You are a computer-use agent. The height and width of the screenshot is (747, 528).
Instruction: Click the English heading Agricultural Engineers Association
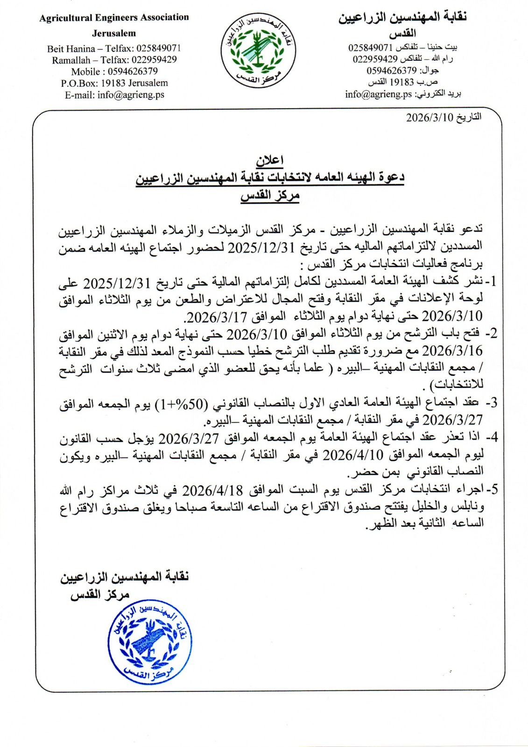click(x=114, y=18)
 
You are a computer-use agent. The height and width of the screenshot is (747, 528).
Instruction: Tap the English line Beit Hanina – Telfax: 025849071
click(x=114, y=48)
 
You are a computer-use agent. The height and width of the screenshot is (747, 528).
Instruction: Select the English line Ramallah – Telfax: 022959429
click(x=114, y=60)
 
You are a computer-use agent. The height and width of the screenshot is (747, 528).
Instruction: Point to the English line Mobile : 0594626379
click(x=114, y=71)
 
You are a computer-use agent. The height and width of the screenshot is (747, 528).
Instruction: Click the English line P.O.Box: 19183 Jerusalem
click(x=114, y=83)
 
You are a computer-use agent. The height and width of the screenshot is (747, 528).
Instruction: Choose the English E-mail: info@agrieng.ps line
click(x=114, y=95)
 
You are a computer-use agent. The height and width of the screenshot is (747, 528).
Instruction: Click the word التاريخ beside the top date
click(x=469, y=117)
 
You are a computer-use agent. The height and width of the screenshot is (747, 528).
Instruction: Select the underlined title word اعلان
click(x=270, y=161)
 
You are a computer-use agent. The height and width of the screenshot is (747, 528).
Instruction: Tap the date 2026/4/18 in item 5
click(x=212, y=490)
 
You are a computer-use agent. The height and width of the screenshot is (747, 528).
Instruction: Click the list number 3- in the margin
click(x=491, y=403)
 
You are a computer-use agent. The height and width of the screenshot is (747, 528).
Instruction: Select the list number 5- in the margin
click(x=492, y=489)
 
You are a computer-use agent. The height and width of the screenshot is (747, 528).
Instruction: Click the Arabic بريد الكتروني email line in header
click(x=403, y=94)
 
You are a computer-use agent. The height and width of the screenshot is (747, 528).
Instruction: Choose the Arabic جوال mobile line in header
click(x=402, y=71)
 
